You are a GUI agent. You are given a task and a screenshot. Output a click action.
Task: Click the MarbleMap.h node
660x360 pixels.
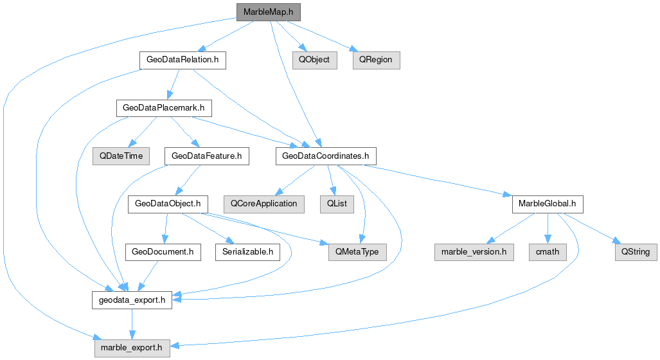click(268, 12)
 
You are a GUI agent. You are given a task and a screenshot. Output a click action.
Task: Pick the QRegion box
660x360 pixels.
click(376, 60)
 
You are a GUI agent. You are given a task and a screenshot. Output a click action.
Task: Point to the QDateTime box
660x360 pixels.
click(121, 156)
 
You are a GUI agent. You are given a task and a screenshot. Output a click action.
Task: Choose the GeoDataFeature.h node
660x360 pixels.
click(207, 156)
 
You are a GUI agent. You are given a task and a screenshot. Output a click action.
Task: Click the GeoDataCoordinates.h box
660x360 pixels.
click(325, 156)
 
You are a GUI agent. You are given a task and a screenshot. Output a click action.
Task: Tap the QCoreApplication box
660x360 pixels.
click(264, 204)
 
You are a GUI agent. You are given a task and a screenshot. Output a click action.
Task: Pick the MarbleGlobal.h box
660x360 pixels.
click(548, 204)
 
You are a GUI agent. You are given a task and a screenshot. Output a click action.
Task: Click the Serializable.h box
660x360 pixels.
click(247, 251)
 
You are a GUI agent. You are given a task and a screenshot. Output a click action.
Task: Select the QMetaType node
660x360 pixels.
click(358, 251)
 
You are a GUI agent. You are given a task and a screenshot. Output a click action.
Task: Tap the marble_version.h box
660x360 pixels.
click(474, 251)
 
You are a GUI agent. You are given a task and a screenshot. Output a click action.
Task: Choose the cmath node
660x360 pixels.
click(548, 251)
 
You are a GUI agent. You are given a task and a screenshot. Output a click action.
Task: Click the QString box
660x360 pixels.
click(636, 251)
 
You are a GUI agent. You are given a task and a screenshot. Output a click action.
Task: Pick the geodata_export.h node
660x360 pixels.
click(132, 300)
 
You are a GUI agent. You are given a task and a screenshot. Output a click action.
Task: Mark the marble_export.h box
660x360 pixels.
click(132, 348)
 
